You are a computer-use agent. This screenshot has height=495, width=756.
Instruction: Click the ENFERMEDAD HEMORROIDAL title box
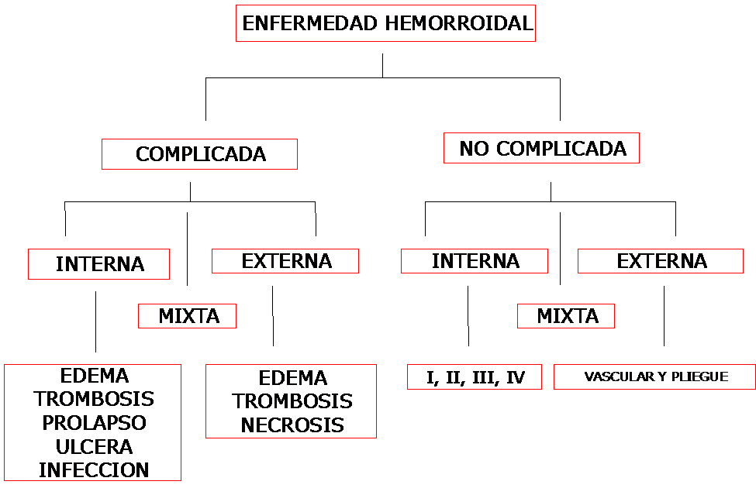385,23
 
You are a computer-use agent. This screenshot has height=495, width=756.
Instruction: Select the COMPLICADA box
200,154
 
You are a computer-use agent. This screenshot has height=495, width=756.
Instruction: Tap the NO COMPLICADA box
541,148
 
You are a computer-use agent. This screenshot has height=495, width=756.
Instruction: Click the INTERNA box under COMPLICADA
99,263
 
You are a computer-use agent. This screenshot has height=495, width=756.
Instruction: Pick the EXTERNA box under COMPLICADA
285,261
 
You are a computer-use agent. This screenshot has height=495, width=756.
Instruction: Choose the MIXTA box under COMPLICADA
188,316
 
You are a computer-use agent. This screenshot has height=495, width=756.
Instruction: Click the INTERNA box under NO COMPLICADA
475,261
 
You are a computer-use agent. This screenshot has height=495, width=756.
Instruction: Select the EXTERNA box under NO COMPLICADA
661,261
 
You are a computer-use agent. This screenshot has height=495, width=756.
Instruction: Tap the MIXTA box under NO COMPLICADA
567,316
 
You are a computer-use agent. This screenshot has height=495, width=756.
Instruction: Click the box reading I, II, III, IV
475,377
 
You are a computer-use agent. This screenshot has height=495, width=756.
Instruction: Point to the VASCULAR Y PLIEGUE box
655,377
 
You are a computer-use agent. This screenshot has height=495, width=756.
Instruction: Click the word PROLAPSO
94,423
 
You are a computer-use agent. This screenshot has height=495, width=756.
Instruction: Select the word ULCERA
94,446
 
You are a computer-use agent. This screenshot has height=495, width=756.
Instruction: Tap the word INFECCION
94,469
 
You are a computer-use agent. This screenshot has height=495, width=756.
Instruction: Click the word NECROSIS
292,425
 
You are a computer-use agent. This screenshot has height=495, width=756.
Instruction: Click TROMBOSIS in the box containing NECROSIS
292,401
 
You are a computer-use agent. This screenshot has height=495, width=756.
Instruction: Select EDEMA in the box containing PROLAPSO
94,376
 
